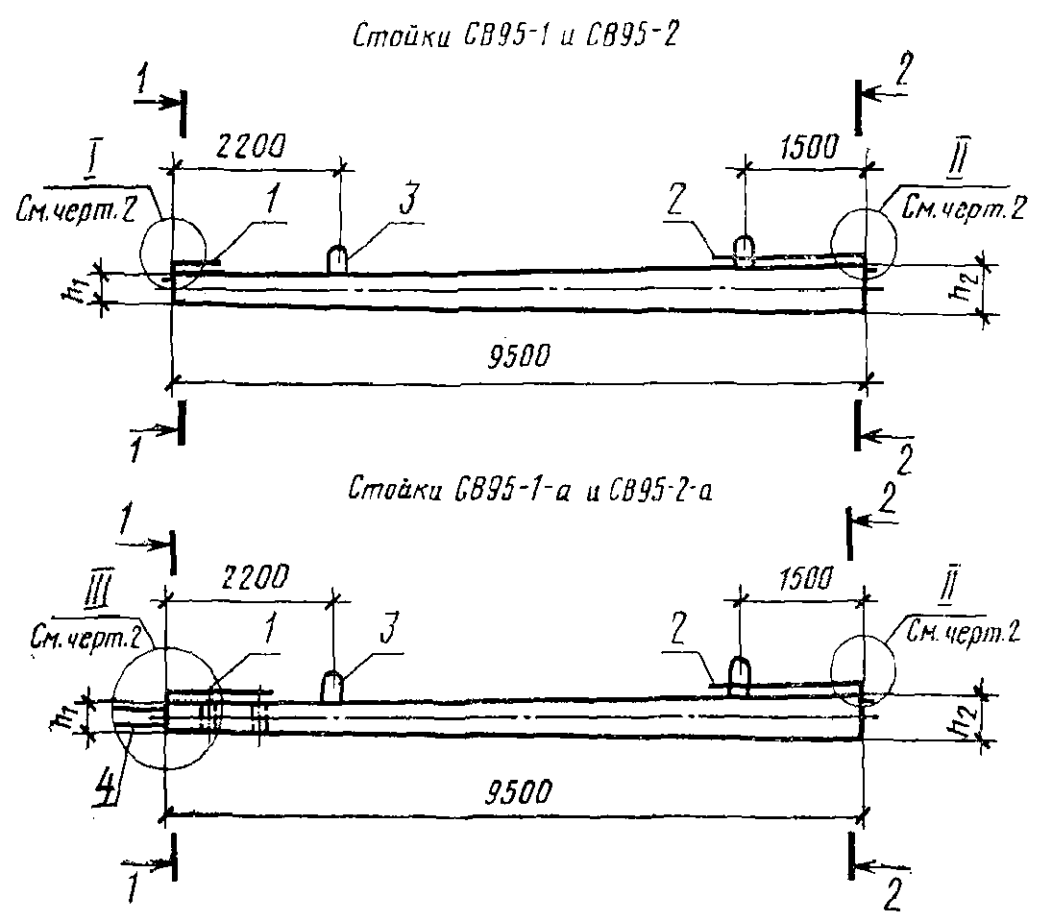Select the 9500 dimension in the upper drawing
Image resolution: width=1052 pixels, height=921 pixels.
520,356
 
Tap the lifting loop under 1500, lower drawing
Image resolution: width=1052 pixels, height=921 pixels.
741,676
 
